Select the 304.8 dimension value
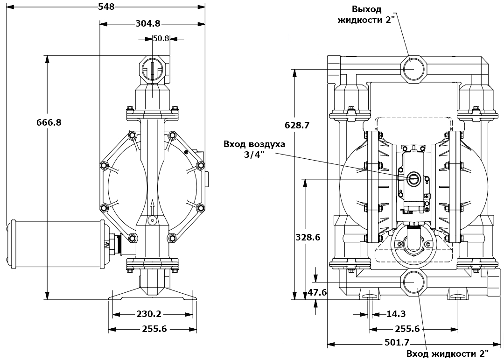pos(148,23)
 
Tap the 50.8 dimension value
pos(161,38)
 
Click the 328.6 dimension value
pos(308,237)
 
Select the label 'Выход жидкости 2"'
pos(367,14)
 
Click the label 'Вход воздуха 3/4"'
pos(254,149)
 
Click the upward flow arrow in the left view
pos(153,205)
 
